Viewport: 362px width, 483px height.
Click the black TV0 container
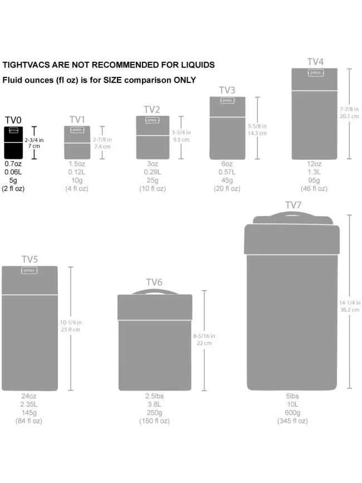[x=14, y=142]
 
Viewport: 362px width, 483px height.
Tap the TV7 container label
[x=293, y=205]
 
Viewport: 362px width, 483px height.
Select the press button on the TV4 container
[x=316, y=73]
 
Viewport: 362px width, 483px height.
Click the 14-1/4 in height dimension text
[x=349, y=303]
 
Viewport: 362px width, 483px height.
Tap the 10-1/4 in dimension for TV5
[x=71, y=322]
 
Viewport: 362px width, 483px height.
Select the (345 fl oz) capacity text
[x=292, y=421]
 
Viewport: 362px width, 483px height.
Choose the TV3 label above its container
[x=227, y=90]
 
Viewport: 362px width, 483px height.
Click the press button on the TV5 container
[x=30, y=270]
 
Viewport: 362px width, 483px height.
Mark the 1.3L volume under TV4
[x=315, y=172]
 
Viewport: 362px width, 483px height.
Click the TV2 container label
[x=152, y=109]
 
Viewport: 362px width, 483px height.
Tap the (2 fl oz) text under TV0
[x=13, y=189]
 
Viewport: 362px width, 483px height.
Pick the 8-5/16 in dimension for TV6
[x=204, y=336]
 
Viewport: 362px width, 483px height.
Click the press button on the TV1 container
[x=77, y=130]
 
